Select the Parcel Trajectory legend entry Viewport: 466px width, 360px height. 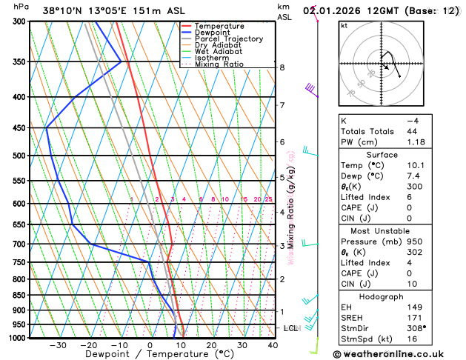229,39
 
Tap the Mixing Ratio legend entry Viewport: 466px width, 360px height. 219,64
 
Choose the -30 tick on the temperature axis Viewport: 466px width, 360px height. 58,345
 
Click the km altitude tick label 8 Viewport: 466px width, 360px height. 282,67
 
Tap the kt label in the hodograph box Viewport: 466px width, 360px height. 344,25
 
